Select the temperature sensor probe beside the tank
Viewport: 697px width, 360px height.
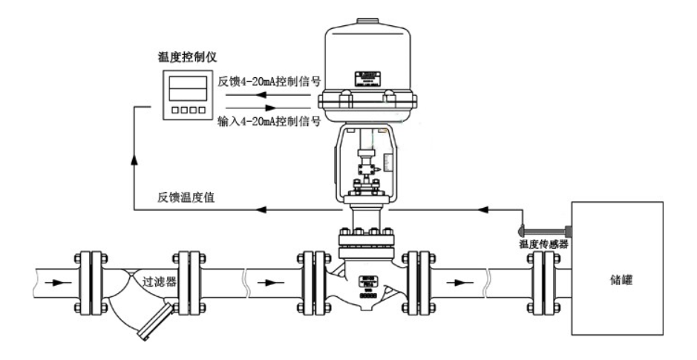click(x=545, y=228)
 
